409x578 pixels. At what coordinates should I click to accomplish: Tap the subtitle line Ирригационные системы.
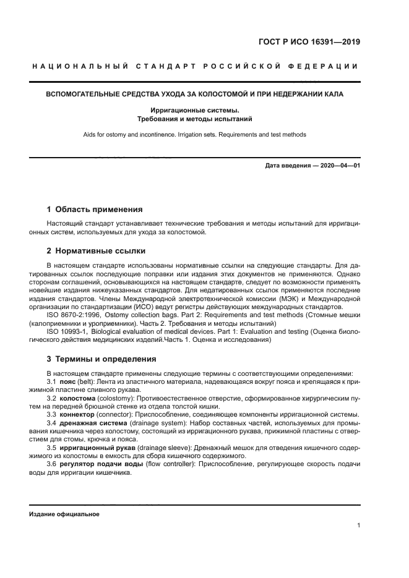coord(195,109)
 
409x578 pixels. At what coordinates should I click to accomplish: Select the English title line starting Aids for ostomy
coord(195,134)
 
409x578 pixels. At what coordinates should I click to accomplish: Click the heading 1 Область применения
coord(95,210)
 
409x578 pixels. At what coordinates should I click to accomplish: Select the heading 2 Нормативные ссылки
coord(97,251)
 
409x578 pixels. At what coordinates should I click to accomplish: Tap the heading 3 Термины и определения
coord(101,359)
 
